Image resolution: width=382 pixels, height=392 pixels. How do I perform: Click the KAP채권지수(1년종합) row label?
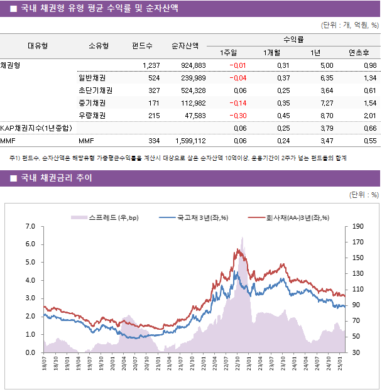(x=36, y=128)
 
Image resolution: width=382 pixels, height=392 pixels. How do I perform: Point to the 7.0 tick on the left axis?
(x=30, y=226)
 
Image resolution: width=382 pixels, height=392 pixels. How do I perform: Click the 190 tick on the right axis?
(x=358, y=226)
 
